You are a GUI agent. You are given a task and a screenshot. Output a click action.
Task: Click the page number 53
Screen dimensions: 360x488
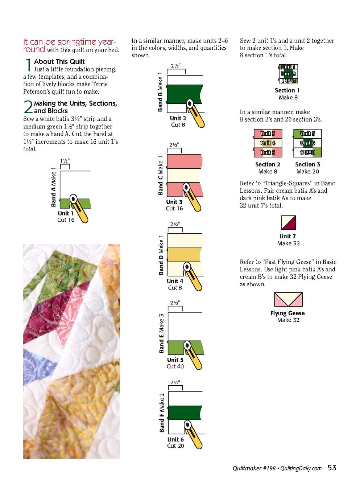[x=332, y=468]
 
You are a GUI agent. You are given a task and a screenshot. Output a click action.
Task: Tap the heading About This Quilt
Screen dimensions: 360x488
[x=59, y=61]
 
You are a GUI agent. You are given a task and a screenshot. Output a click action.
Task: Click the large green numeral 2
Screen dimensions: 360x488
[x=28, y=107]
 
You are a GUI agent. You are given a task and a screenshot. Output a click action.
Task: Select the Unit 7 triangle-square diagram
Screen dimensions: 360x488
[x=288, y=222]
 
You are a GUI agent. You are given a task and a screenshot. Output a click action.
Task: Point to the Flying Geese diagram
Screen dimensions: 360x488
[x=288, y=299]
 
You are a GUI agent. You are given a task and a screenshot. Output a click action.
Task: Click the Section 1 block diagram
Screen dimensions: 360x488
[x=288, y=74]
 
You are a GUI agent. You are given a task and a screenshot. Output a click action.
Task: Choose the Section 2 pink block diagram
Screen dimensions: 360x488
[x=268, y=143]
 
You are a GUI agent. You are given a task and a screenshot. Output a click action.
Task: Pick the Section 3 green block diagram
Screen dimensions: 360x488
[x=307, y=143]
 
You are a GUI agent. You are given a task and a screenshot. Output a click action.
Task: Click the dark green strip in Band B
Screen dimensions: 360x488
[x=184, y=94]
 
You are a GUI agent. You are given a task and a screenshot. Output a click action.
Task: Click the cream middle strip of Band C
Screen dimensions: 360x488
[x=184, y=175]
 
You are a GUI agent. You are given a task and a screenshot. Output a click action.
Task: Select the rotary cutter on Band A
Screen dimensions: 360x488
[x=79, y=208]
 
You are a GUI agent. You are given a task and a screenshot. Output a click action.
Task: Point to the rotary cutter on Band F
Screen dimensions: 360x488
[x=193, y=435]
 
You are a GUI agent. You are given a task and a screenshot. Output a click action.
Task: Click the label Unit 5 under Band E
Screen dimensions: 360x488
[x=175, y=360]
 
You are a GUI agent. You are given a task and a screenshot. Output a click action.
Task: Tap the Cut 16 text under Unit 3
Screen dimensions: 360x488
[x=174, y=208]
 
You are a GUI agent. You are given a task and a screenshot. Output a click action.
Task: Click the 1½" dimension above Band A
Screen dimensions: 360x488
[x=65, y=161]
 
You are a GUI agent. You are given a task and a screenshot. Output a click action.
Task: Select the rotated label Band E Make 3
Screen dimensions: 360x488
[x=161, y=333]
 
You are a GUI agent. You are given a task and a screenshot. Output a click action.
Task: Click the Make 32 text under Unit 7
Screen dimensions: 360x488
[x=288, y=243]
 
